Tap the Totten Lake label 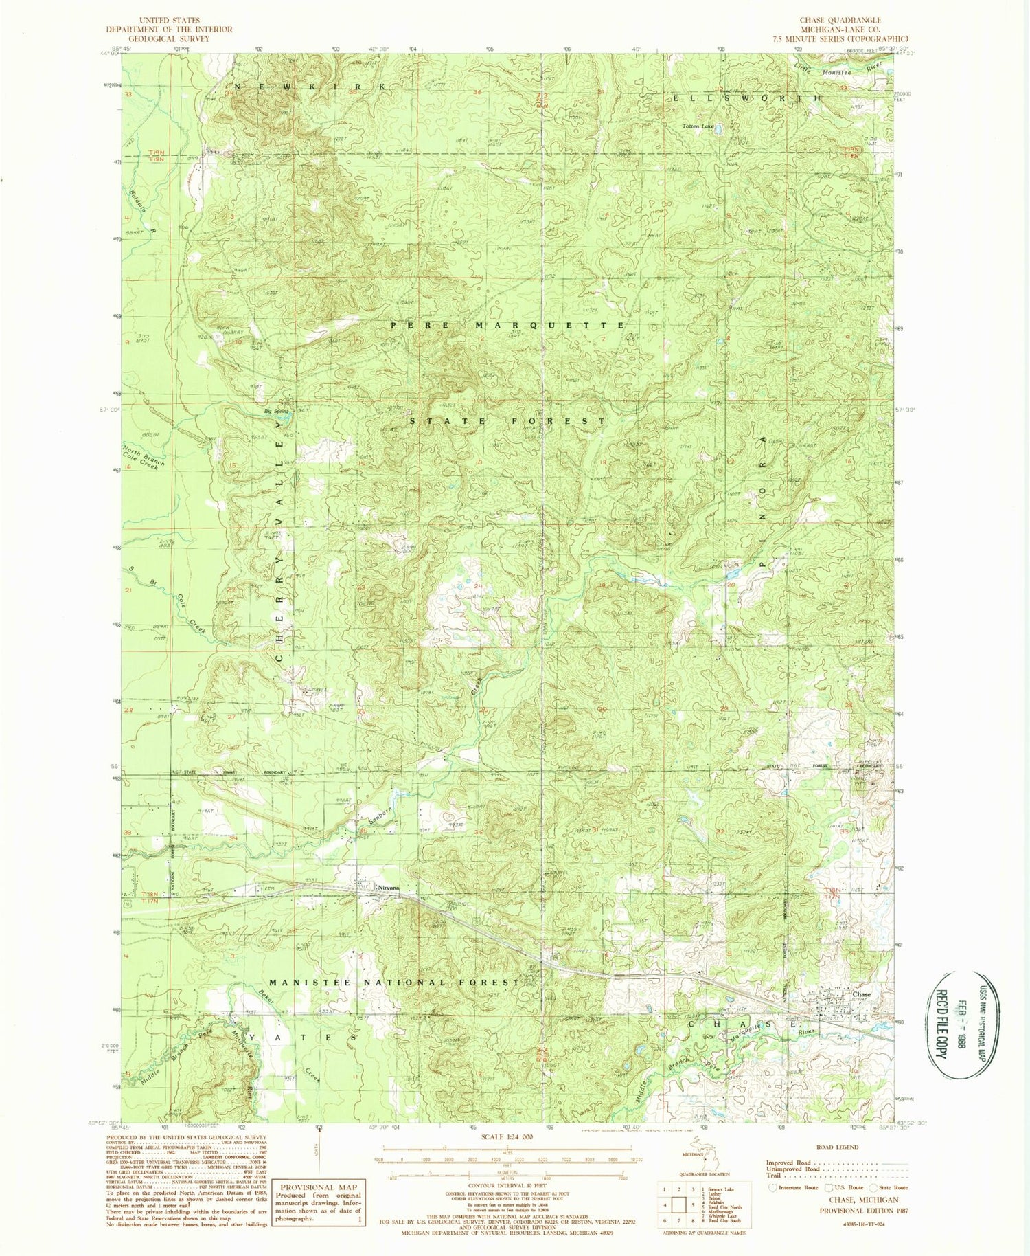point(698,127)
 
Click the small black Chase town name point(861,994)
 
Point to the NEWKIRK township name point(307,86)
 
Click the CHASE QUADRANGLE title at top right point(840,21)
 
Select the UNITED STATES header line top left point(169,21)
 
